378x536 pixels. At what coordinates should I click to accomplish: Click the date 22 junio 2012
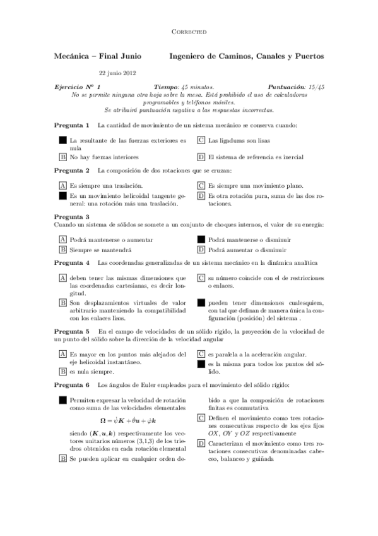[118, 72]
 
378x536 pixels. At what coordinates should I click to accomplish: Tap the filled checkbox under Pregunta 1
[62, 140]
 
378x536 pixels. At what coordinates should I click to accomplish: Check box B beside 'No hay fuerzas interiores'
[62, 156]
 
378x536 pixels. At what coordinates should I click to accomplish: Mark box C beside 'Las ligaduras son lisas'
[201, 140]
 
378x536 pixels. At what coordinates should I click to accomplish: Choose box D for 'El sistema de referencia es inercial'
[201, 156]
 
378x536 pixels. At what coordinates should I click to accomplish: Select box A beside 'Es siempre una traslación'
[62, 186]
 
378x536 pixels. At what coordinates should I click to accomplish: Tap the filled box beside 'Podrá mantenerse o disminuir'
[201, 240]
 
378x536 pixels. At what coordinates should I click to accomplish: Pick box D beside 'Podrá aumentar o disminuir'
[201, 250]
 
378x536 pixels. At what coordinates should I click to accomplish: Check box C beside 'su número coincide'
[201, 277]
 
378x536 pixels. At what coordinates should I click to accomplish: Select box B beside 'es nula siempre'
[62, 372]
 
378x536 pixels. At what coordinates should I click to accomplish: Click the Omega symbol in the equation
[104, 420]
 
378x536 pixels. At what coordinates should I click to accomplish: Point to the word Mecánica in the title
[73, 56]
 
